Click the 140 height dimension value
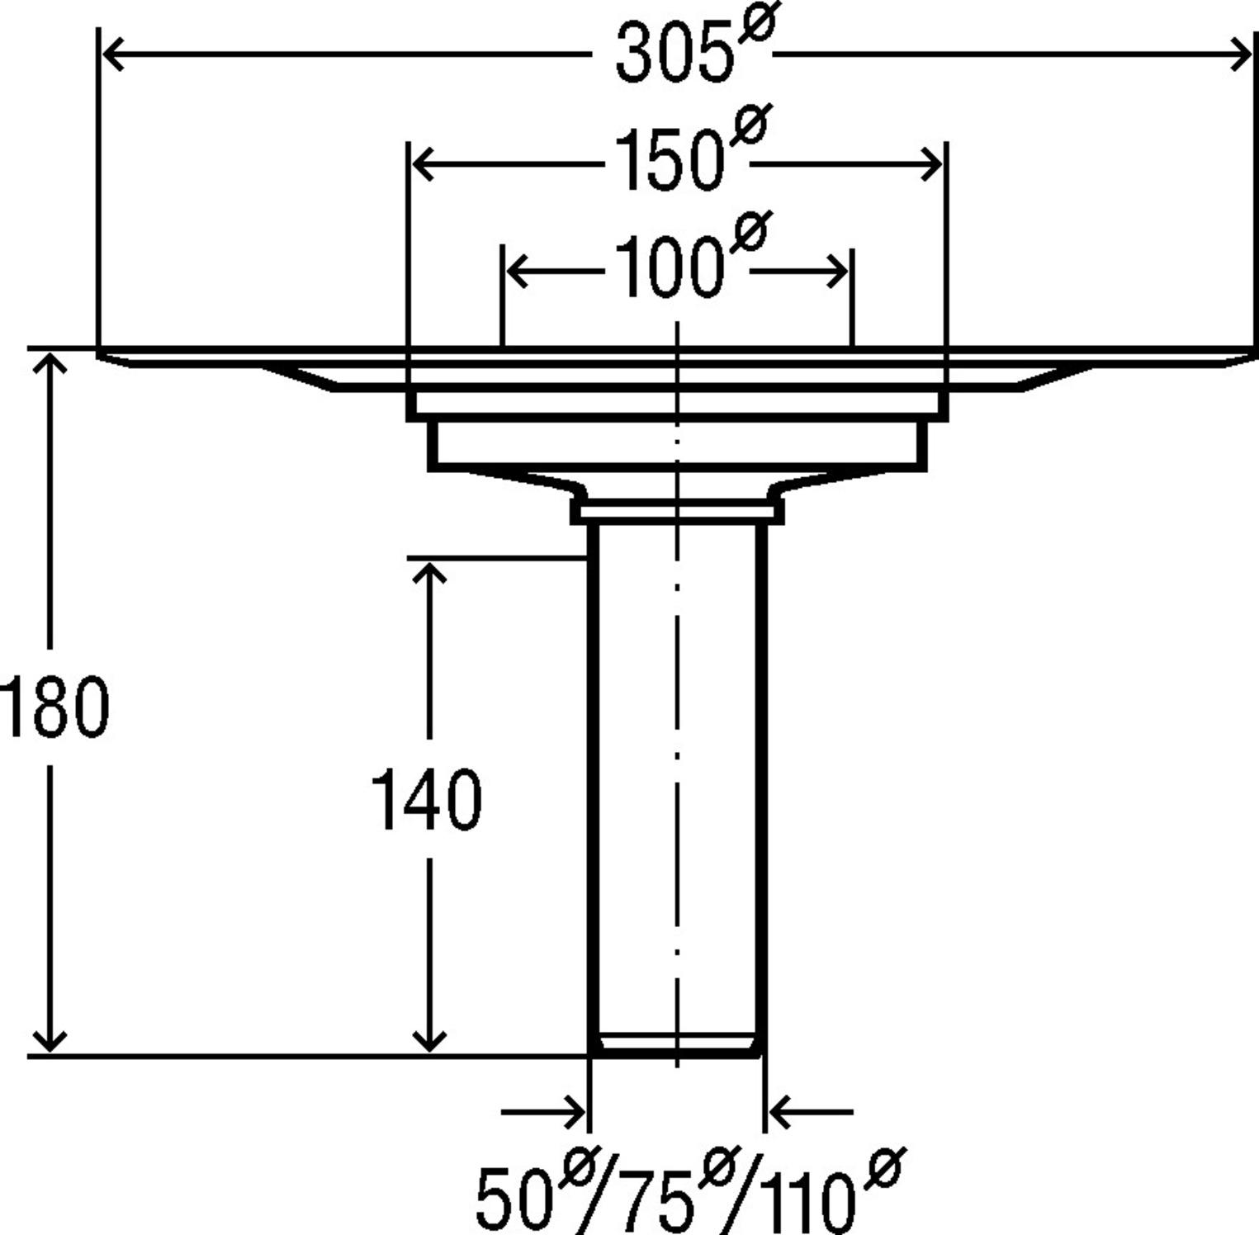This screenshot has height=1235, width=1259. click(x=427, y=799)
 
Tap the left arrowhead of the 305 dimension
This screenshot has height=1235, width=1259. click(x=111, y=55)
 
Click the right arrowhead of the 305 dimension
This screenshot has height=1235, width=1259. click(x=1242, y=55)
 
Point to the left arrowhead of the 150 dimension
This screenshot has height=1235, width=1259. click(x=422, y=165)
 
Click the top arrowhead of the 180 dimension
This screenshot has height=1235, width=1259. click(x=50, y=363)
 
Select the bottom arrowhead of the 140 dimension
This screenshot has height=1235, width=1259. click(x=428, y=1042)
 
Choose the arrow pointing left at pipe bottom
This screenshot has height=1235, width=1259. click(x=781, y=1112)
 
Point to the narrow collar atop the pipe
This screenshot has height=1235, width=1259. click(x=677, y=513)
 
